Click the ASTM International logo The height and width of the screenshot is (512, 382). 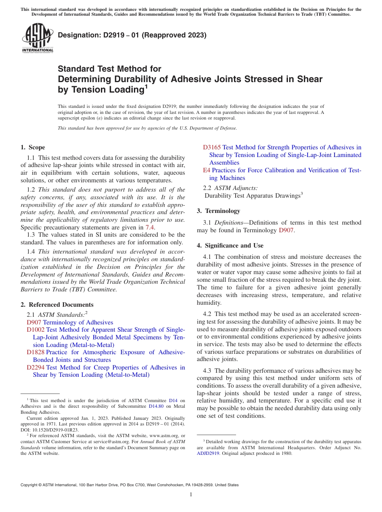click(x=37, y=39)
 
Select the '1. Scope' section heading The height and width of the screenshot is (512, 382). click(x=33, y=147)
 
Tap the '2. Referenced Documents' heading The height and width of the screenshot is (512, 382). click(x=57, y=305)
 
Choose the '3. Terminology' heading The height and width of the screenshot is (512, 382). click(x=218, y=211)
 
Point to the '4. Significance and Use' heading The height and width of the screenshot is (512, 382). click(x=230, y=246)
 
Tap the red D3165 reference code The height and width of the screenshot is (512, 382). click(x=212, y=147)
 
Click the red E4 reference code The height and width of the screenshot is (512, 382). click(x=206, y=170)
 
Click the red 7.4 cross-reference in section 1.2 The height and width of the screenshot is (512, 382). click(x=150, y=227)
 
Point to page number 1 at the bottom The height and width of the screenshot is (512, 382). click(x=191, y=495)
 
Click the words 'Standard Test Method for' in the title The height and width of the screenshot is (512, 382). click(x=109, y=69)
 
